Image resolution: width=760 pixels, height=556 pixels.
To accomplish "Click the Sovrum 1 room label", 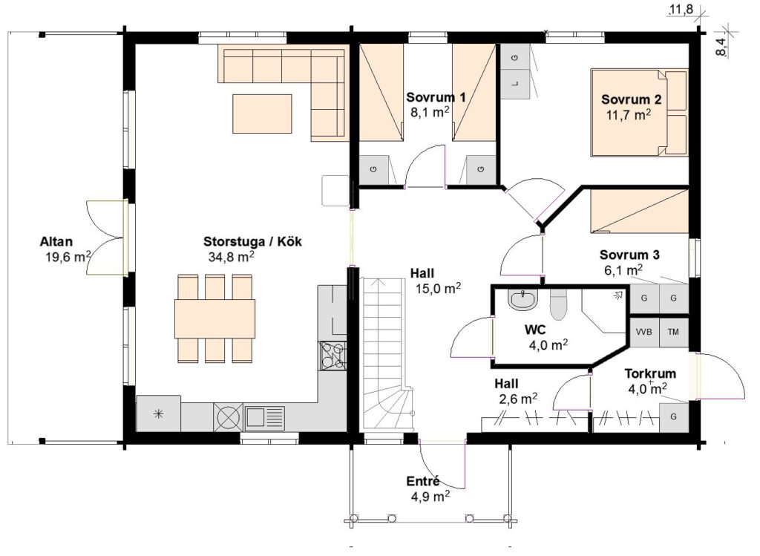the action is click(x=436, y=97).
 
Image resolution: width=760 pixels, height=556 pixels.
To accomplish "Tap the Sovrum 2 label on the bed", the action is click(x=631, y=99).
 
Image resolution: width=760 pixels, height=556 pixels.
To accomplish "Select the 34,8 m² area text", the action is click(x=232, y=256).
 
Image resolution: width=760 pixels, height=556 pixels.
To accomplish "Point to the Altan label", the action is click(x=56, y=241).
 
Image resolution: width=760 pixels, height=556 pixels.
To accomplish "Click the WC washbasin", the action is click(x=523, y=300).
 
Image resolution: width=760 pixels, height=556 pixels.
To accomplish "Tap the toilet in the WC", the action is click(x=558, y=304).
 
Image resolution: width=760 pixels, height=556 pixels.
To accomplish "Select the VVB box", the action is click(x=644, y=333).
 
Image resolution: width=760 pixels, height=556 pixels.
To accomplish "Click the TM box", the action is click(x=673, y=333).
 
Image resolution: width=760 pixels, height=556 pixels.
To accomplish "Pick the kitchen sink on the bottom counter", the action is click(x=265, y=417).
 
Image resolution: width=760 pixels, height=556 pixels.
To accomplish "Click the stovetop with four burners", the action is click(x=332, y=356).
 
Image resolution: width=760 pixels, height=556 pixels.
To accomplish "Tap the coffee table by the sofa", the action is click(x=262, y=114).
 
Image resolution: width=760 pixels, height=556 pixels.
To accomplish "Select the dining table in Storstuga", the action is click(x=214, y=318).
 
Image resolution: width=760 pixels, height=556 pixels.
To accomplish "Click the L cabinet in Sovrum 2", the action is click(x=515, y=84).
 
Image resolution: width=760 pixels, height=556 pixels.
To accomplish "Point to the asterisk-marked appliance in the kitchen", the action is click(x=159, y=413).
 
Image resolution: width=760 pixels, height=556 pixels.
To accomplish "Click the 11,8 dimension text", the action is click(x=681, y=9).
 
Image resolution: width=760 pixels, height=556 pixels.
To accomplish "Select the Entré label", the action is click(x=422, y=481).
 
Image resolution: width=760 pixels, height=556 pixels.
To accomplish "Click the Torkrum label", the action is click(x=650, y=373).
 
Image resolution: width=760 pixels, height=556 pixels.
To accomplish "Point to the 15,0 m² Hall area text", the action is click(x=438, y=289).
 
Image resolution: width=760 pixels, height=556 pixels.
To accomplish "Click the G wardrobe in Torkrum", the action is click(x=674, y=417).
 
